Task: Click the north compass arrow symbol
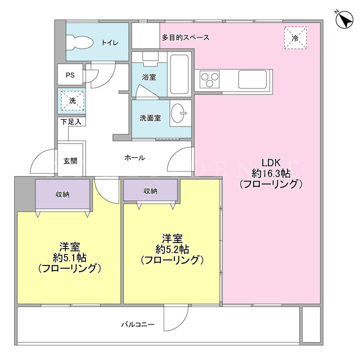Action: [344, 20]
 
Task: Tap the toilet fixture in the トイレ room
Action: [80, 42]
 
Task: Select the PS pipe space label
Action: [70, 75]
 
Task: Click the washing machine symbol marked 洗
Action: [73, 101]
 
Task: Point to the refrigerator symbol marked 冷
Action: [295, 38]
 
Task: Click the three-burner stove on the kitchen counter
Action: [209, 79]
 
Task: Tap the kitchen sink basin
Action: [253, 79]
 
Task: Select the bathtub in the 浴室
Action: [179, 74]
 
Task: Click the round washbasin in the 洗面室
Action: [178, 113]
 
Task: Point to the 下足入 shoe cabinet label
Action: [71, 121]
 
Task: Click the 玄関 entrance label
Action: [70, 161]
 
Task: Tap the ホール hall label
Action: [135, 157]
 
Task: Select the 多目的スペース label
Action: [186, 38]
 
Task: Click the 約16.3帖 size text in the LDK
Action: [271, 173]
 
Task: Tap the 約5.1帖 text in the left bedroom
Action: [70, 258]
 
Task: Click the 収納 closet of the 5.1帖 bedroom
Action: [62, 194]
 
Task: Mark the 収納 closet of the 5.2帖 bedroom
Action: [150, 190]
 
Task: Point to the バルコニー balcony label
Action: [138, 325]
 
